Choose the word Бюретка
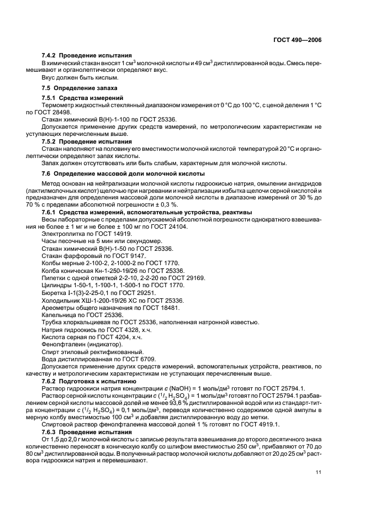coord(54,293)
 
